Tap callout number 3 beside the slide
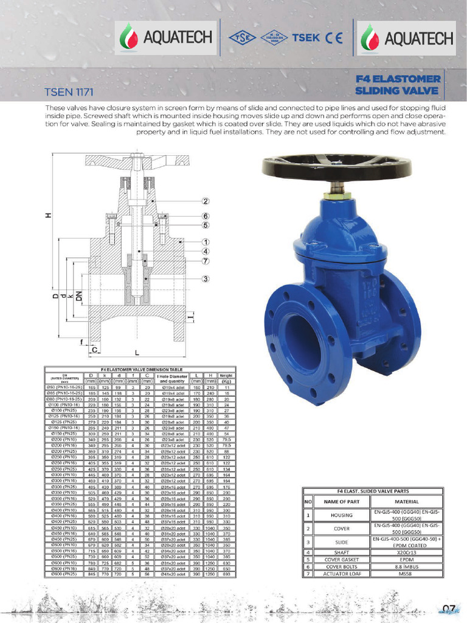(x=206, y=279)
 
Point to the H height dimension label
(x=47, y=215)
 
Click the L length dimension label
(x=137, y=353)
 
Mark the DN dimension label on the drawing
(x=78, y=297)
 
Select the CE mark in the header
(x=334, y=37)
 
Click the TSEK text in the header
(x=305, y=37)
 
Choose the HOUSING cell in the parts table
(x=341, y=515)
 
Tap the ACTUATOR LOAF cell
(x=341, y=574)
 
